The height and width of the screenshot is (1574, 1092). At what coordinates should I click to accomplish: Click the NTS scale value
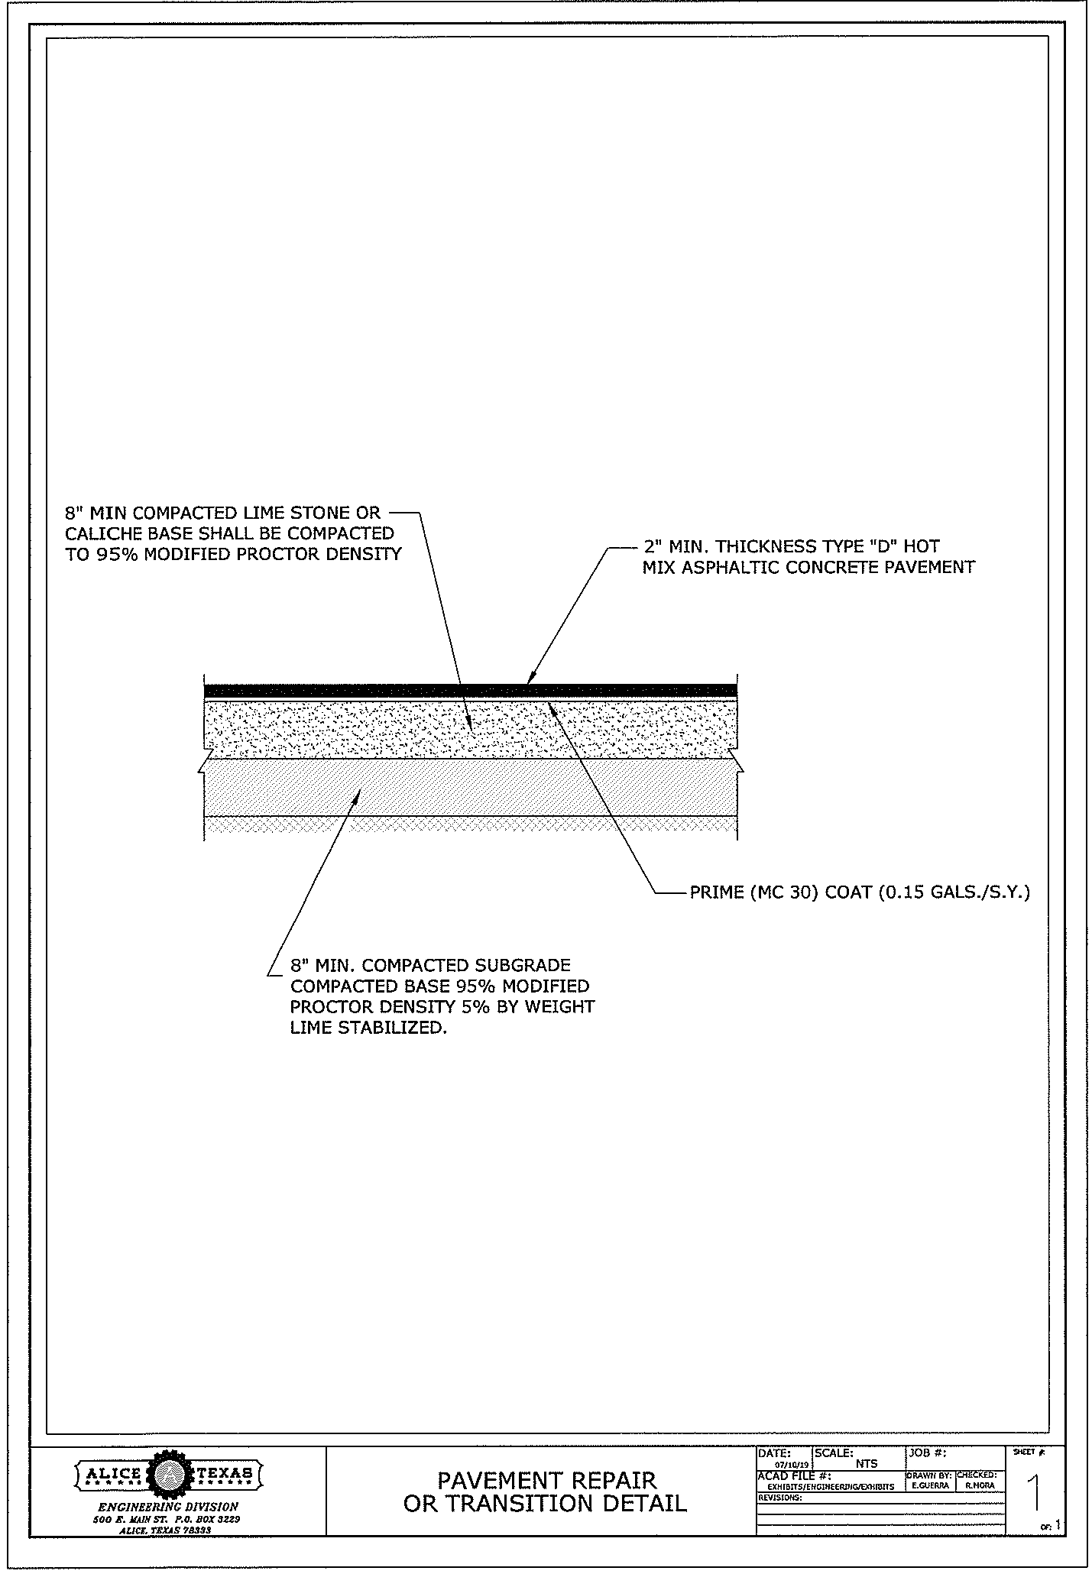point(867,1464)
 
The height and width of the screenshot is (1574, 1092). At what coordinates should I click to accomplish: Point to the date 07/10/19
point(791,1465)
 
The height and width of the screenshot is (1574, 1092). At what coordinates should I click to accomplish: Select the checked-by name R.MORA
point(979,1486)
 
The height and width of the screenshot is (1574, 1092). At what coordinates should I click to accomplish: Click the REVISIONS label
point(780,1498)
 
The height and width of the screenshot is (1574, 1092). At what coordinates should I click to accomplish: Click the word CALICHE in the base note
point(98,533)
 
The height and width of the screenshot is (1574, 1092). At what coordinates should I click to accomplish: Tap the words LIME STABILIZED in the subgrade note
point(368,1028)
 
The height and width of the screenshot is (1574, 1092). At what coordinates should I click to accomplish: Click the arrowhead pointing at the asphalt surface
point(530,678)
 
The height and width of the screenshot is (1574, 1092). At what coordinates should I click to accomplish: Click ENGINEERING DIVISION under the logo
point(169,1508)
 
